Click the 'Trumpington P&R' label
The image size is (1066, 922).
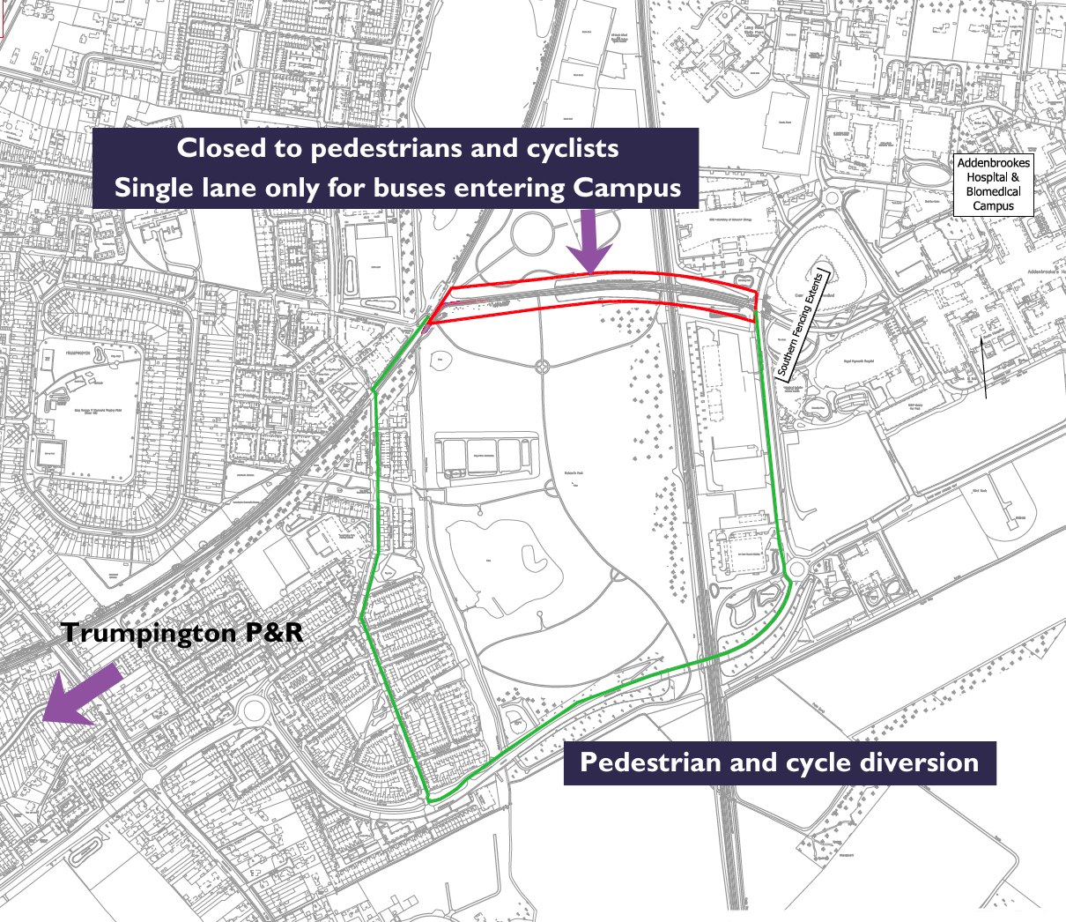click(182, 632)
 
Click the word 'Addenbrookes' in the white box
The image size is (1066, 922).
click(993, 163)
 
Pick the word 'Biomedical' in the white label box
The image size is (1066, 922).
click(993, 191)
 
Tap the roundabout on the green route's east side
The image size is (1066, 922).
click(797, 569)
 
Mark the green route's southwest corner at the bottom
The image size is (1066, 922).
click(429, 799)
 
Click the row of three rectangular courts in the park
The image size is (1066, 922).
click(484, 456)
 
